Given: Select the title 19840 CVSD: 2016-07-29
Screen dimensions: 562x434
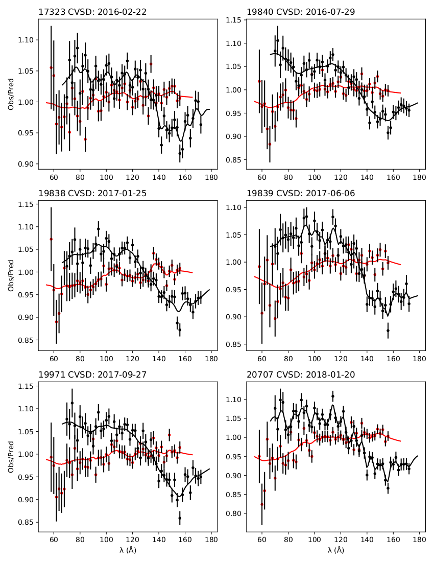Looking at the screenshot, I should click(301, 12).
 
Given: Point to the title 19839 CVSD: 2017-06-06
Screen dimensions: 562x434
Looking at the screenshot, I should click(301, 193).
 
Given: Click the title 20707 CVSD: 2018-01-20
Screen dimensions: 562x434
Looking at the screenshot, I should click(301, 374).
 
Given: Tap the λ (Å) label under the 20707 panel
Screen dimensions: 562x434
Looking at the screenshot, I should click(335, 550).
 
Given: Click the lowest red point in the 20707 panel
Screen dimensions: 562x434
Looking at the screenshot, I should click(262, 504).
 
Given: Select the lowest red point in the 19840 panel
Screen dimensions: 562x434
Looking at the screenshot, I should click(270, 144).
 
